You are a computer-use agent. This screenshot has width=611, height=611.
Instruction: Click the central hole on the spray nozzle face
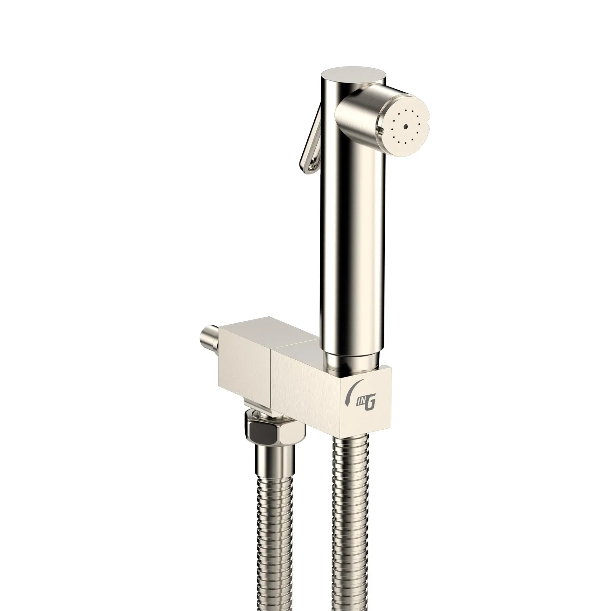click(405, 127)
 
